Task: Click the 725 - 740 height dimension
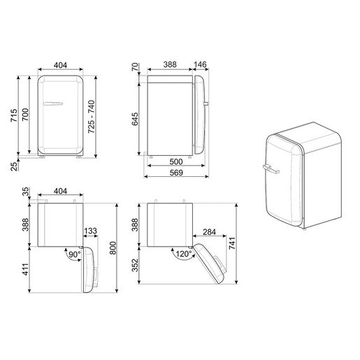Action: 92,117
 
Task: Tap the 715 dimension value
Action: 14,115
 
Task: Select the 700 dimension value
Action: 25,115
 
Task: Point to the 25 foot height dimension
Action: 15,166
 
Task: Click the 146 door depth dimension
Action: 200,64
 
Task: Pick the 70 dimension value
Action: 135,67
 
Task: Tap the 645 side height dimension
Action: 135,119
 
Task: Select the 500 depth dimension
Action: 176,161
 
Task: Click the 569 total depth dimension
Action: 176,173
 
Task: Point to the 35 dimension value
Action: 26,192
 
